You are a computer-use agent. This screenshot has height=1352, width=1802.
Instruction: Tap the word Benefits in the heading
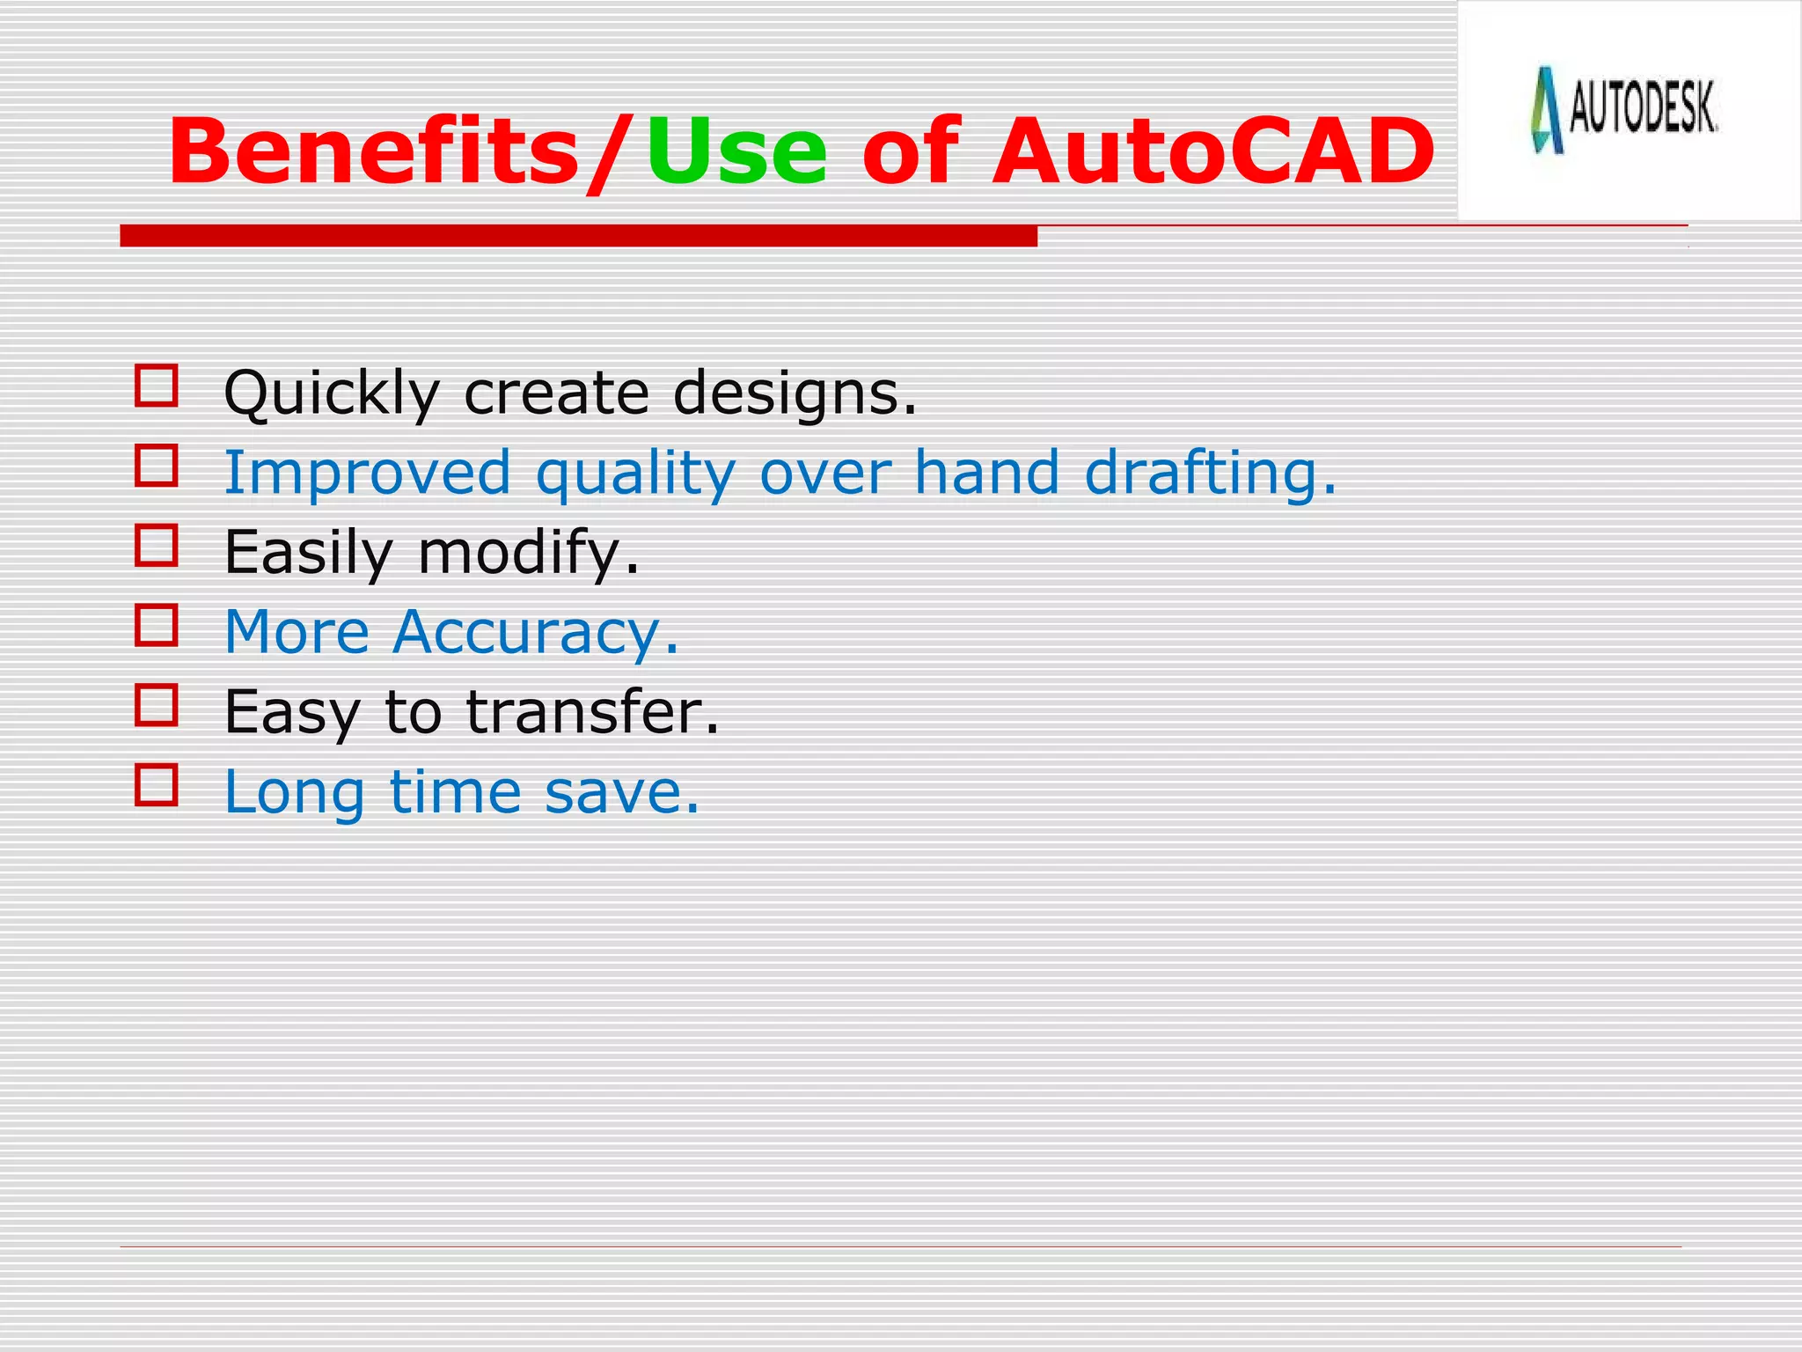click(373, 153)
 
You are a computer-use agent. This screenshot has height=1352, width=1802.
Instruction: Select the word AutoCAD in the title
click(1212, 153)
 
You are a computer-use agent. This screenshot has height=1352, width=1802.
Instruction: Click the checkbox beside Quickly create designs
click(157, 386)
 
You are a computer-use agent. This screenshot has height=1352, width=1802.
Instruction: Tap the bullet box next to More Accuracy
click(157, 625)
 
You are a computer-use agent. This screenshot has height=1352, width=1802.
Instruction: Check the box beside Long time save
click(157, 784)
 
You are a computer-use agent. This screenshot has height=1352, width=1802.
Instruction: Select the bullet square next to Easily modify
click(157, 545)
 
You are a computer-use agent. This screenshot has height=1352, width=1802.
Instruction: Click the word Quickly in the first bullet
click(331, 393)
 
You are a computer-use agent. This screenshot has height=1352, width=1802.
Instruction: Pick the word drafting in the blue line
click(1210, 474)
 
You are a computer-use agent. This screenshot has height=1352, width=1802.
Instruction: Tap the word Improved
click(367, 474)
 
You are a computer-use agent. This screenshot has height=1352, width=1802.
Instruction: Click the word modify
click(528, 554)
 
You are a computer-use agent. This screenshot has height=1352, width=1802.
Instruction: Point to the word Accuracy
click(535, 633)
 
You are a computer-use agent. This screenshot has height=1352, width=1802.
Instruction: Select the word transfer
click(592, 712)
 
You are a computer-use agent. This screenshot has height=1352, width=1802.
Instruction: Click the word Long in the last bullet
click(294, 792)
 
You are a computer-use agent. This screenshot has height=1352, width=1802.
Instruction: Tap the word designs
click(795, 393)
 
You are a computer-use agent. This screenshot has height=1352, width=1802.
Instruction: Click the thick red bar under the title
click(578, 236)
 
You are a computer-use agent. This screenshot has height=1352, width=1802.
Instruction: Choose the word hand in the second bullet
click(986, 474)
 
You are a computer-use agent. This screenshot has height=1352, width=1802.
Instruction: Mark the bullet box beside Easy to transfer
click(157, 704)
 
